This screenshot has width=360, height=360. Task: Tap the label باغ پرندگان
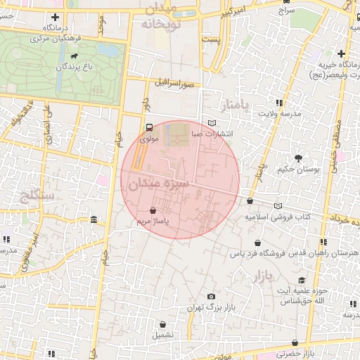(75, 67)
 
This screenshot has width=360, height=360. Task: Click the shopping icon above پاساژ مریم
(153, 210)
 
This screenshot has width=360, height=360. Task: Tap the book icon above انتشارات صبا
(212, 123)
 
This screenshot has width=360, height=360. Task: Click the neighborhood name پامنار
(235, 106)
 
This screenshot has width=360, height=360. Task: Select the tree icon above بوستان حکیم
(299, 157)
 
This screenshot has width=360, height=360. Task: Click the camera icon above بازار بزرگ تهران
(211, 297)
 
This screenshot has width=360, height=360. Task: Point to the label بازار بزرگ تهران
(210, 308)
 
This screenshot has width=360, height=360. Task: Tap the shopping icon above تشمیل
(163, 325)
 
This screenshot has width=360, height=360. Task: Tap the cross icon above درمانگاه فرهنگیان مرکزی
(55, 16)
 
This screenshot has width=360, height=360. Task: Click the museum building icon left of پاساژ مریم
(94, 222)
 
